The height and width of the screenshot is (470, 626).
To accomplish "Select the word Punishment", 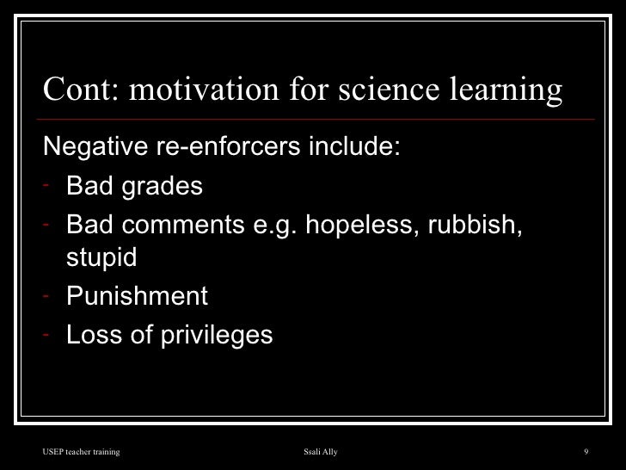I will pos(137,298).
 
